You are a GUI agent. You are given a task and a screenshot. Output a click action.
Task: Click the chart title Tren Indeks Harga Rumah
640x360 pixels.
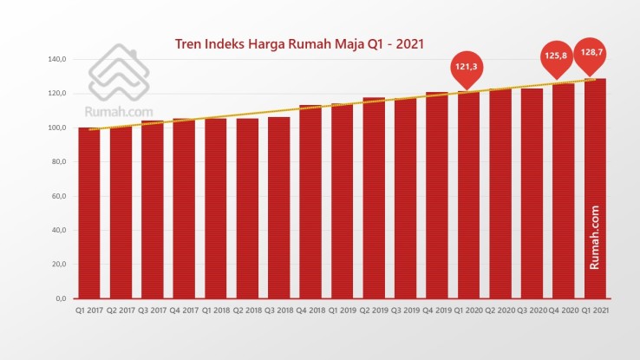coord(299,43)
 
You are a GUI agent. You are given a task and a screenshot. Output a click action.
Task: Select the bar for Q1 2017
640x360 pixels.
coord(89,213)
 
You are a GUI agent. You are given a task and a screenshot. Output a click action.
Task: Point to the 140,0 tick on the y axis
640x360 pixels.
coord(57,60)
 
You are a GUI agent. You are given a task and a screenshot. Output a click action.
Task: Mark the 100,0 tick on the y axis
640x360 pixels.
coord(57,128)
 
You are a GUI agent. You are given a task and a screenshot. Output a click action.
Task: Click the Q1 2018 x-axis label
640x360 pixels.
coord(216,311)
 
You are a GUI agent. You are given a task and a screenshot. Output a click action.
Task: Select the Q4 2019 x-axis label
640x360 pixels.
coord(437,311)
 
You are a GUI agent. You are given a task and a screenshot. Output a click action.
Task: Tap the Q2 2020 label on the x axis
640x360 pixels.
coord(500,311)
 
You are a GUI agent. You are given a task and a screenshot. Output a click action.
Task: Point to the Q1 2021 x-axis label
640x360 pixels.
coord(595,311)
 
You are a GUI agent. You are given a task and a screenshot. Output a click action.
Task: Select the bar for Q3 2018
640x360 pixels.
coord(278,207)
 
